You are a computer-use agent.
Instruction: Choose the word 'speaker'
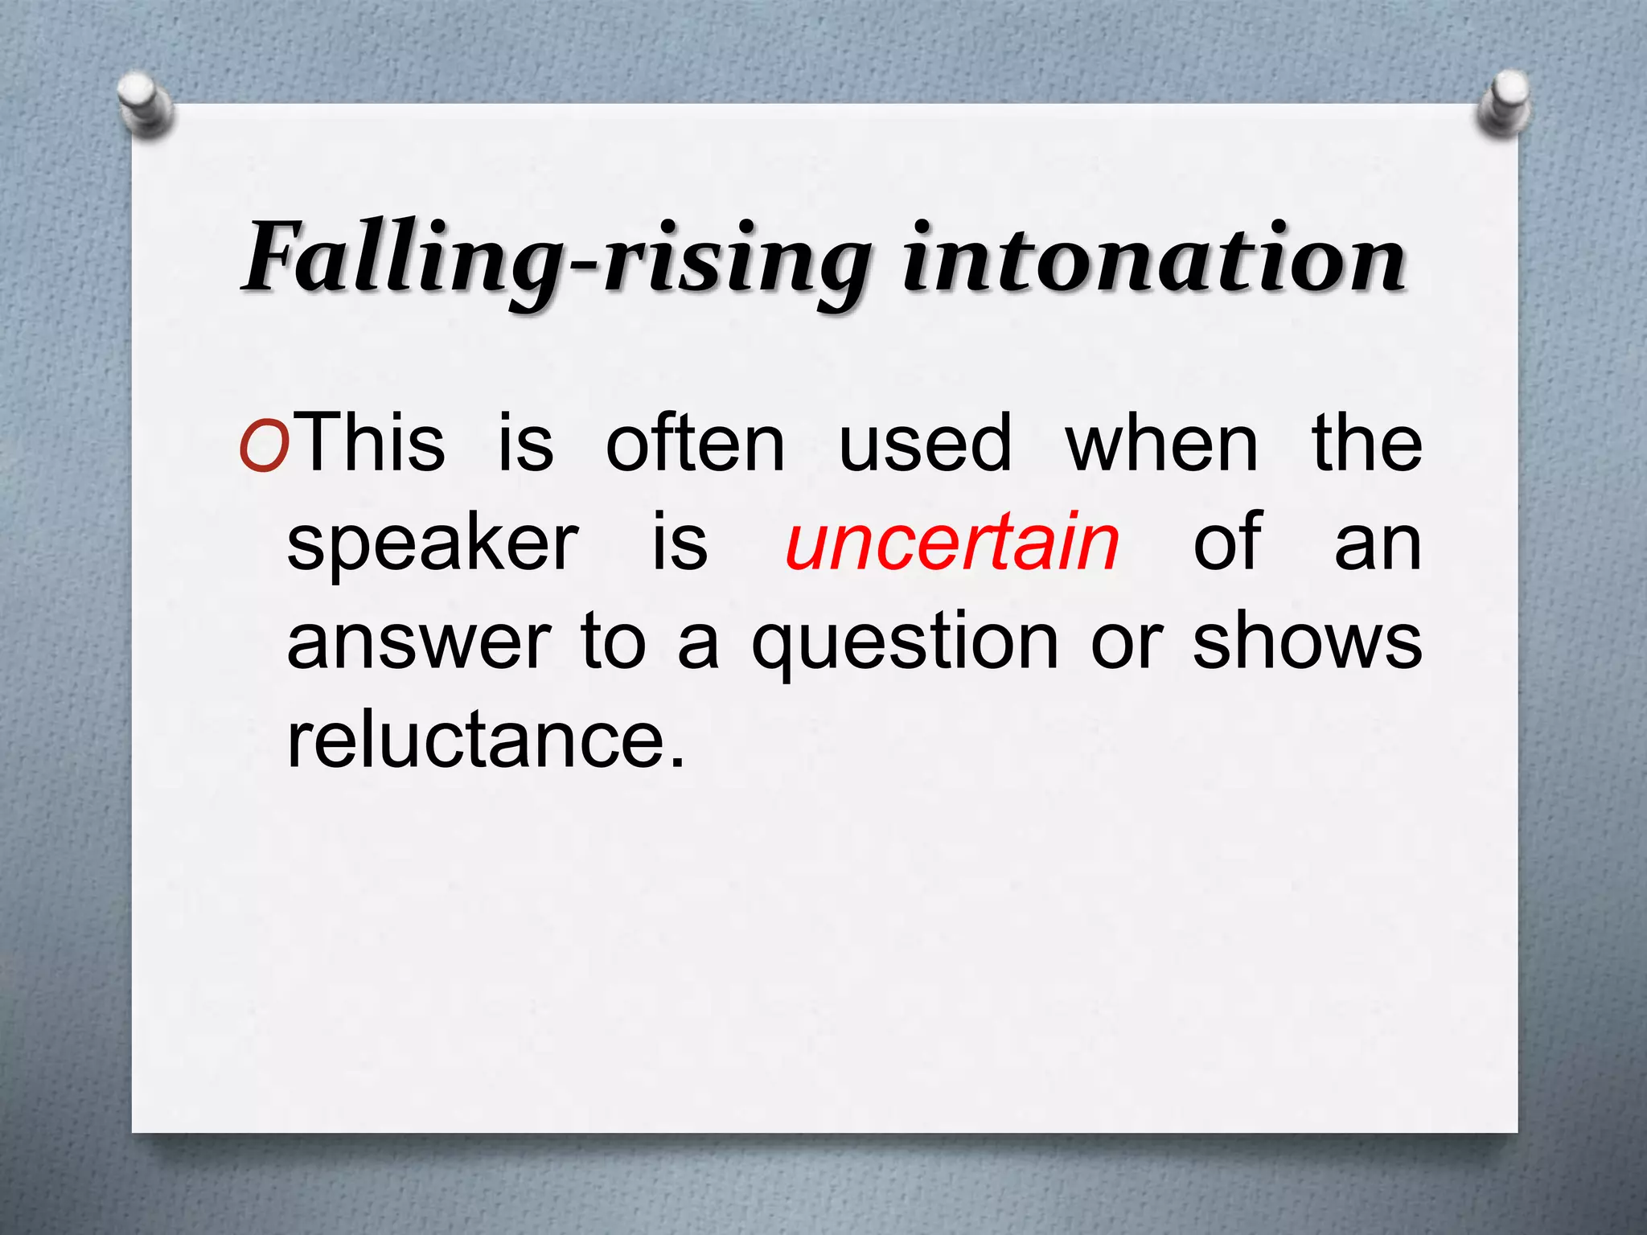433,545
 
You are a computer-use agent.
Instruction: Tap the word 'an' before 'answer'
1378,545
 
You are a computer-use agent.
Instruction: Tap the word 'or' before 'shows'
1127,643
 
